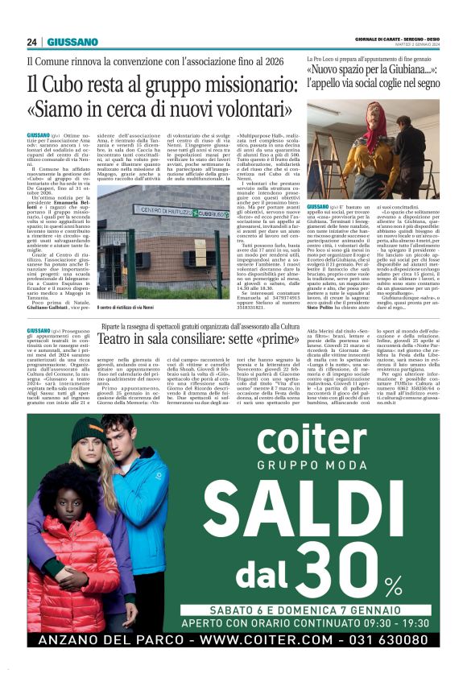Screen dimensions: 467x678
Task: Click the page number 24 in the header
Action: click(32, 42)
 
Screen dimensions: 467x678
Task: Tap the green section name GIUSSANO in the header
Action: click(72, 42)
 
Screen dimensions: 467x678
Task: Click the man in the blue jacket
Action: click(137, 515)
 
